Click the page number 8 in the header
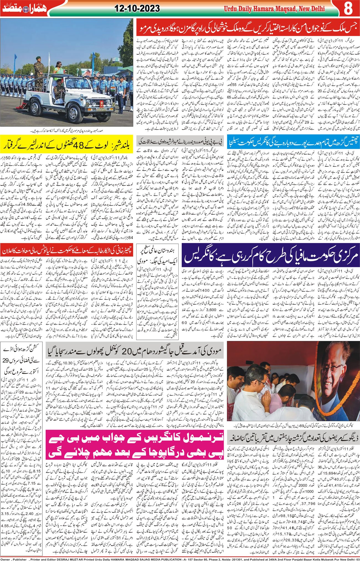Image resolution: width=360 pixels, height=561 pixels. point(348,9)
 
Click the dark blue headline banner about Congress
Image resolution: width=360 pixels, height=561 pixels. point(270,254)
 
